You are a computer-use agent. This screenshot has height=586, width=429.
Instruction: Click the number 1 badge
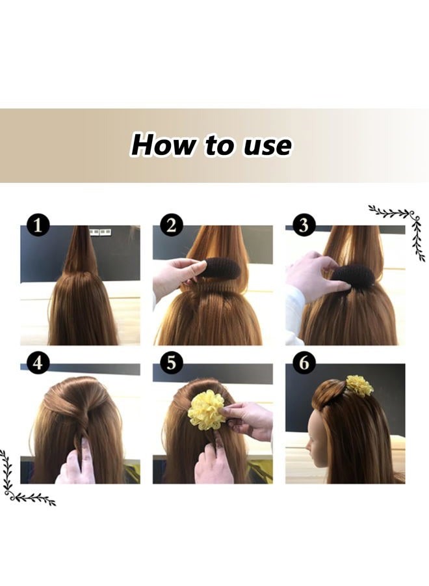click(38, 226)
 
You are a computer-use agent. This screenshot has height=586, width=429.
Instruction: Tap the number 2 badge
click(170, 226)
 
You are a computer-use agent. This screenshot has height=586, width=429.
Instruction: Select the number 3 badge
click(304, 226)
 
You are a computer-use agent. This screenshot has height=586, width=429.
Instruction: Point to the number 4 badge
click(38, 363)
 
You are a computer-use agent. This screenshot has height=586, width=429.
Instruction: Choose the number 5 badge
click(170, 363)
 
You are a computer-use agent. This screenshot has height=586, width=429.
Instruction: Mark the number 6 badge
click(304, 363)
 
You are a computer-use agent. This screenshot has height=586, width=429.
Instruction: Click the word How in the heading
click(162, 145)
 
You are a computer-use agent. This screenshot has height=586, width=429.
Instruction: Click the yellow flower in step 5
click(206, 410)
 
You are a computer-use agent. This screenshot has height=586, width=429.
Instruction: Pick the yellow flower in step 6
click(359, 385)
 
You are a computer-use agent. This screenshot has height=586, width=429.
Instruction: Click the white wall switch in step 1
click(99, 231)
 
